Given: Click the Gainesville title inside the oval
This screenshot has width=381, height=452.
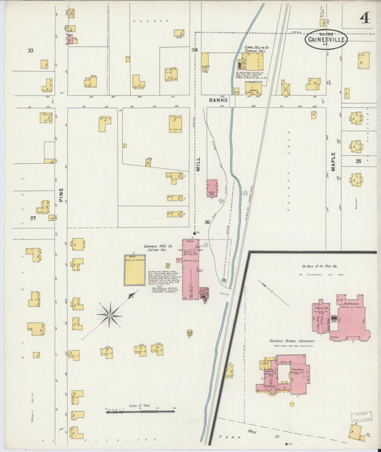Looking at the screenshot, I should (326, 40).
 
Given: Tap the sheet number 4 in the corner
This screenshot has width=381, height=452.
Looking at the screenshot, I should (365, 18).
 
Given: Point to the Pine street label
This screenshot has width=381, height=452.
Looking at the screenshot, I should (61, 195).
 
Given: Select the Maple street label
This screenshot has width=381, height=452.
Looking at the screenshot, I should (333, 159).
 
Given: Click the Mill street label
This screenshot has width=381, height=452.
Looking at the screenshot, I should (198, 167).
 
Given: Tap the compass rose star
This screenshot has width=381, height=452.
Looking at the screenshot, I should (109, 313).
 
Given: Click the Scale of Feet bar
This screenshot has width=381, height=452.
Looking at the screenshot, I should (140, 411).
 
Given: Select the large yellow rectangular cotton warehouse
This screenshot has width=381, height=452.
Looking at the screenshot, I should (134, 270).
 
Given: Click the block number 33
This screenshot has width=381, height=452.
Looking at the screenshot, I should (31, 51).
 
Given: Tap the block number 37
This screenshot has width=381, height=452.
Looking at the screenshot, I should (33, 217).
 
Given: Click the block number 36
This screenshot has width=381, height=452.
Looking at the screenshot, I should (207, 222).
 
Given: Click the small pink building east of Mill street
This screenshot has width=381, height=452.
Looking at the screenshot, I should (212, 188).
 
